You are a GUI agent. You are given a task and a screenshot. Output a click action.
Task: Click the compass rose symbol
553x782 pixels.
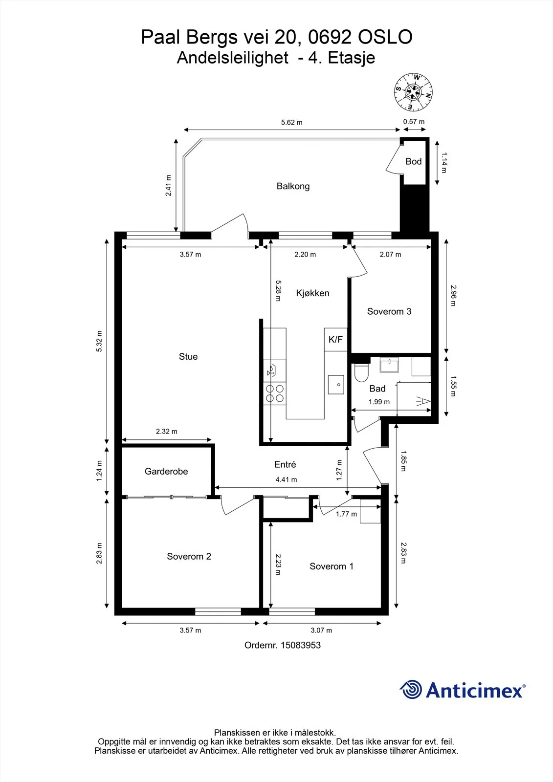pos(413,92)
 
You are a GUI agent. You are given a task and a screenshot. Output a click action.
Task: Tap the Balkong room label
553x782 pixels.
pos(293,186)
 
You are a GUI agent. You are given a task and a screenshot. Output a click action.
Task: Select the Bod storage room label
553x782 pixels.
pos(414,161)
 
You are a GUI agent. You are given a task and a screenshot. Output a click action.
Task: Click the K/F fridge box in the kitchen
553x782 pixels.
pos(335,339)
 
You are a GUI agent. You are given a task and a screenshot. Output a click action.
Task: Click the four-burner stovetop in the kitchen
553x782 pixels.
pos(275,393)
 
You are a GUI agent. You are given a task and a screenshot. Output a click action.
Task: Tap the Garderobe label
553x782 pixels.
pos(166,471)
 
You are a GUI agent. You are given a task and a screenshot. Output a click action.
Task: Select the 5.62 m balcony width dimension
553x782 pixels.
pos(292,123)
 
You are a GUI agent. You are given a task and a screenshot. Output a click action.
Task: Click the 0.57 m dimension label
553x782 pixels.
pos(414,122)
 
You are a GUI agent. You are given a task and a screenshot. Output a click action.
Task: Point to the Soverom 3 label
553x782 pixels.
pos(389,311)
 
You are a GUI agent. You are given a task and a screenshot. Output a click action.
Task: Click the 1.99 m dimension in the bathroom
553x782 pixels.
pos(379,402)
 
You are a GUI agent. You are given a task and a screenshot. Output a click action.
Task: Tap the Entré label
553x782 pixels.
pos(285,464)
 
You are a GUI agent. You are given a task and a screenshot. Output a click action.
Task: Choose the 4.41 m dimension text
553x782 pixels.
pos(286,479)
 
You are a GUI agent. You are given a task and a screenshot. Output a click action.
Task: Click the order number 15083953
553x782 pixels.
pos(301,645)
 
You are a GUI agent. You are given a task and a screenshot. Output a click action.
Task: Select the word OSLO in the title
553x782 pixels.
pos(385,37)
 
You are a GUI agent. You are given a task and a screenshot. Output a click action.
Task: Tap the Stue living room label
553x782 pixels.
pos(188,356)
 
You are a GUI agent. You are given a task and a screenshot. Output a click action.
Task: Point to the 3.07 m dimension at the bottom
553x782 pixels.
pos(321,630)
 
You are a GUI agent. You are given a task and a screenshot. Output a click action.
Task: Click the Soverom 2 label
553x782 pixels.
pos(189,556)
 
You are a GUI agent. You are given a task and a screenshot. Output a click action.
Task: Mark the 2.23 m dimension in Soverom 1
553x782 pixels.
pos(278,565)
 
